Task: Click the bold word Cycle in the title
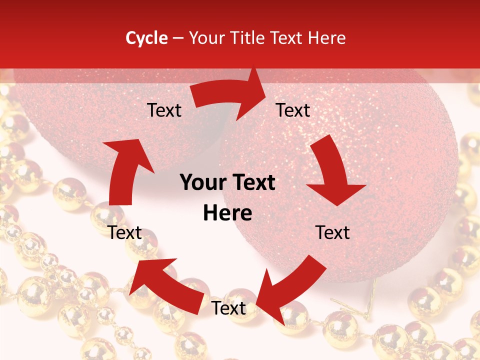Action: click(x=146, y=38)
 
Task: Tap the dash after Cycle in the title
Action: click(x=178, y=38)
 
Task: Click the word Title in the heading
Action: click(x=248, y=38)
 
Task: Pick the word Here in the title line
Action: click(x=328, y=38)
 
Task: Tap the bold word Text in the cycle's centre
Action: click(x=252, y=183)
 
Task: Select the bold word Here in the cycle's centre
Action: click(x=227, y=213)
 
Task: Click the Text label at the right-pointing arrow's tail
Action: click(x=164, y=110)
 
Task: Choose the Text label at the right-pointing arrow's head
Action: click(x=293, y=110)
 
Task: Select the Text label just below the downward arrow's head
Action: click(x=332, y=232)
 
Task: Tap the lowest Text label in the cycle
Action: click(x=228, y=308)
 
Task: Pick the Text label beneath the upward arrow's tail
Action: click(x=125, y=232)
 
